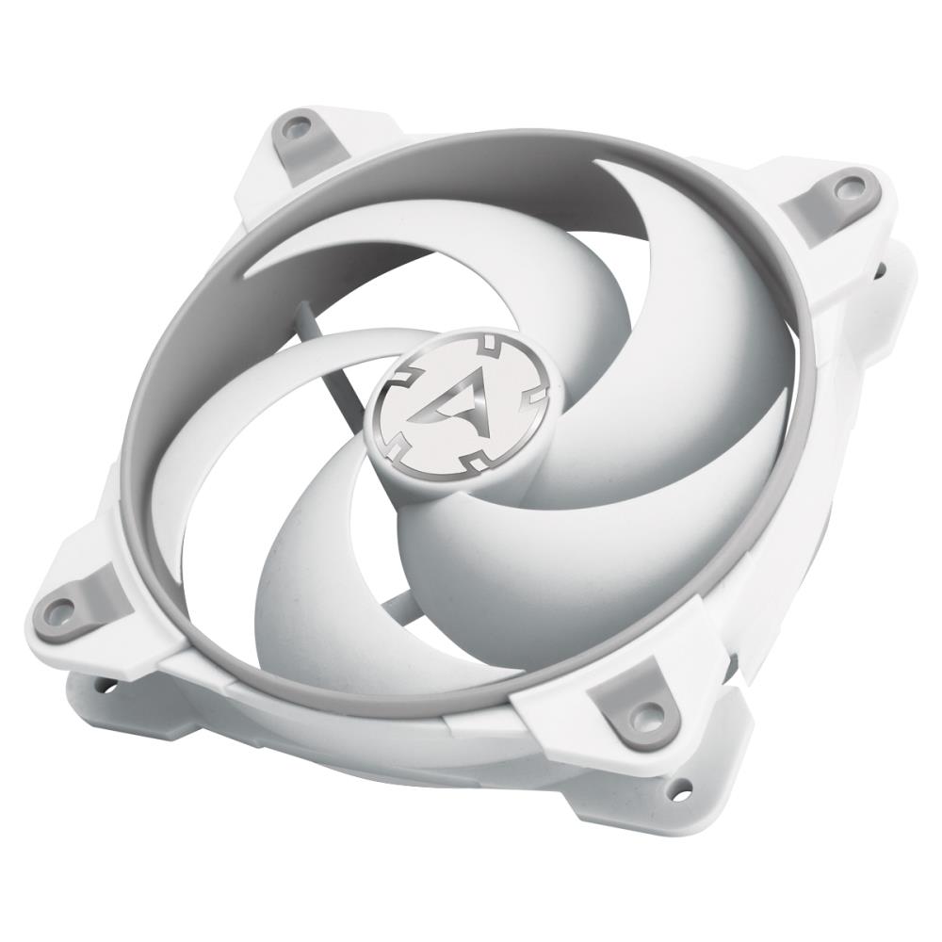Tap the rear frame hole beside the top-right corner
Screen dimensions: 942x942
tap(880, 270)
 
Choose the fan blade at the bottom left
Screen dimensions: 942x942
tap(311, 584)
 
